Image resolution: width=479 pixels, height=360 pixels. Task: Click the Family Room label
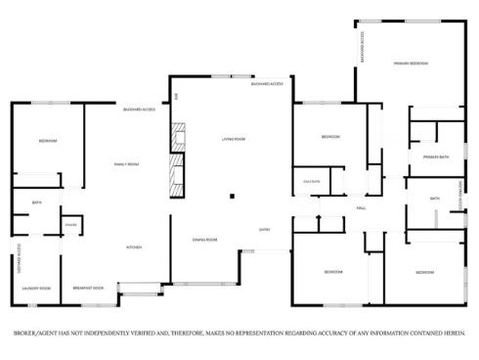coord(127,164)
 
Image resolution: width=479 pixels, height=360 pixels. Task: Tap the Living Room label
coord(233,140)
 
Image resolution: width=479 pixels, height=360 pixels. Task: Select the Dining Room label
coord(204,240)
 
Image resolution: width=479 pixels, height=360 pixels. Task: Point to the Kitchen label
coord(134,247)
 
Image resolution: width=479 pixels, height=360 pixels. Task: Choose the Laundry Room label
coord(36,289)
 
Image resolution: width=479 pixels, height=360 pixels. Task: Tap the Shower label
coord(70,225)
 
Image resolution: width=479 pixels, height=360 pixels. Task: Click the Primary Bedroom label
coord(411,63)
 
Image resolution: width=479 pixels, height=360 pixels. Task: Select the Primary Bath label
coord(436,157)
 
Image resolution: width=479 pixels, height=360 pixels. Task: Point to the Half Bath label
coord(312,182)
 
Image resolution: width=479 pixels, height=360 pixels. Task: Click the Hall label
coord(361,208)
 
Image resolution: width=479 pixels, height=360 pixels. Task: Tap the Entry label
coord(264,229)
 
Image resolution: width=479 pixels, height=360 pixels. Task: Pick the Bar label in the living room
coord(177,95)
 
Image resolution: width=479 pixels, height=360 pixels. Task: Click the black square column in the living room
coord(232,197)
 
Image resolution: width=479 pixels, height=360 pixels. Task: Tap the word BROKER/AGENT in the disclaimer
coord(35,332)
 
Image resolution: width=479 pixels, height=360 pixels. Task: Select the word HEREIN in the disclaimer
coord(453,332)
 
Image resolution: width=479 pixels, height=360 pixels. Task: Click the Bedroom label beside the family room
coord(48,142)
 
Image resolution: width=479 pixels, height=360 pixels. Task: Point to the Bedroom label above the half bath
coord(330,137)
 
